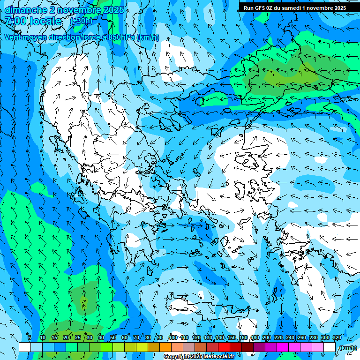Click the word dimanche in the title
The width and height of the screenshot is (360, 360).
pos(26,10)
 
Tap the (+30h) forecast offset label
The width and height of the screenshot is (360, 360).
pos(81,21)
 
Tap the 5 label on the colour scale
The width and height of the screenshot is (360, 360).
pos(29,337)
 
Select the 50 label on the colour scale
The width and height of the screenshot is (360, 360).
pos(112,337)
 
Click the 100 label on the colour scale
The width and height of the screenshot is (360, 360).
pos(172,337)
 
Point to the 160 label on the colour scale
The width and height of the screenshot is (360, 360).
pos(243,337)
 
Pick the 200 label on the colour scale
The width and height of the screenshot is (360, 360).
pos(267,337)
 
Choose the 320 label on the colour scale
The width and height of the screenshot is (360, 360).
pos(337,337)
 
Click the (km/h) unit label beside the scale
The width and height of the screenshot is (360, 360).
pos(348,347)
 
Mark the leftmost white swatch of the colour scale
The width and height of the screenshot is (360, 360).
pos(25,347)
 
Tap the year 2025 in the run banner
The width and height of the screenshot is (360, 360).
pos(338,7)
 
